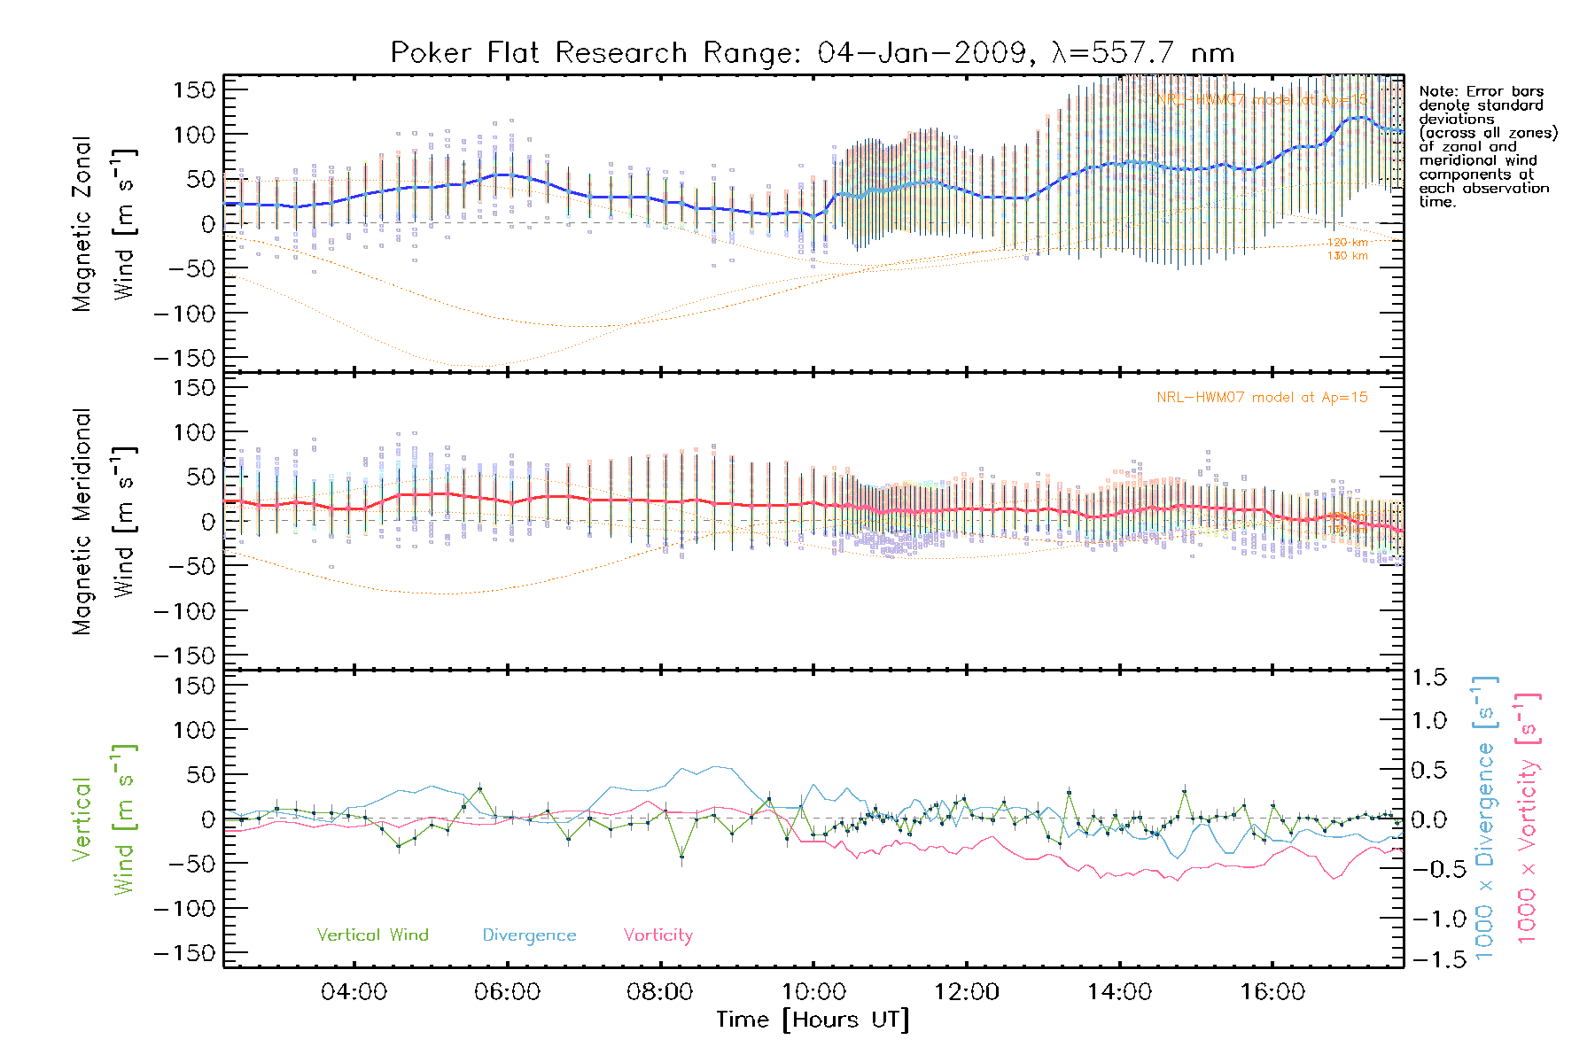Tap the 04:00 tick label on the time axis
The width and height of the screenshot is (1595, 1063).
(x=354, y=992)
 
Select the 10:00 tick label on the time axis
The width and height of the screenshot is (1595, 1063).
(x=813, y=992)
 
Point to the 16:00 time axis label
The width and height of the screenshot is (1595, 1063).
(x=1272, y=992)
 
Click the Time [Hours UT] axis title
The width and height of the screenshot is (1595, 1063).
(x=813, y=1020)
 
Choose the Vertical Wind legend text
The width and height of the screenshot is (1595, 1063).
(x=372, y=935)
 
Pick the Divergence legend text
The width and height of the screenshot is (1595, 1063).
(x=529, y=935)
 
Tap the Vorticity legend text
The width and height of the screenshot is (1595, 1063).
(x=657, y=935)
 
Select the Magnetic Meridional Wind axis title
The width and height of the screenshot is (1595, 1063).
(x=104, y=522)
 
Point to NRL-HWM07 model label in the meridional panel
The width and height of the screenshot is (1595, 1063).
(x=1262, y=398)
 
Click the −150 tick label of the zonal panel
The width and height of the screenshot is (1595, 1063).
(x=184, y=359)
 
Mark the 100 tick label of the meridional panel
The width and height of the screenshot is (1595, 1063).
(x=194, y=432)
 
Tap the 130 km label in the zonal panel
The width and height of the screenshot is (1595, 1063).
(x=1347, y=256)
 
